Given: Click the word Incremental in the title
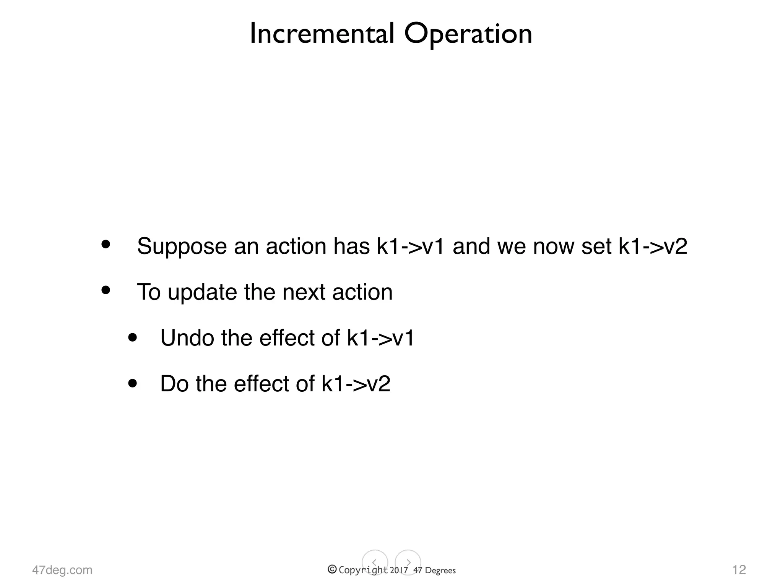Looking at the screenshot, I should [x=322, y=34].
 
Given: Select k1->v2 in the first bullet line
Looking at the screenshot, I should [x=653, y=246].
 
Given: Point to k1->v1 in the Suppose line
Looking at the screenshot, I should [x=411, y=246].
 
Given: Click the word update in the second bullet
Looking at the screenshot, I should [x=202, y=293].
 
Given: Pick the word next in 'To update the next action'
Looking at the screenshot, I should [x=304, y=292].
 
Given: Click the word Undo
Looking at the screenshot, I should [x=187, y=338].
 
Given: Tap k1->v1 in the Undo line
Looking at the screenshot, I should [x=380, y=338].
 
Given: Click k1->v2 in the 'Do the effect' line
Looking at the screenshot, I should [x=356, y=384].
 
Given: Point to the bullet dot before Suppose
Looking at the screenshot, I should [x=106, y=244].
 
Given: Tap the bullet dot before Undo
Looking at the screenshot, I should [x=133, y=337].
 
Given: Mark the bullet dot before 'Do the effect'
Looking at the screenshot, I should [x=133, y=383].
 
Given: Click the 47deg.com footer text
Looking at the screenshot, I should [x=62, y=570].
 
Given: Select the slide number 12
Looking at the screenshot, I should [x=739, y=569].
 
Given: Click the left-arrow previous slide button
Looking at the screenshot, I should [x=375, y=562].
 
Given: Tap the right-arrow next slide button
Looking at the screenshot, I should [x=408, y=562].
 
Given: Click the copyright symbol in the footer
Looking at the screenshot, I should [x=332, y=569].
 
